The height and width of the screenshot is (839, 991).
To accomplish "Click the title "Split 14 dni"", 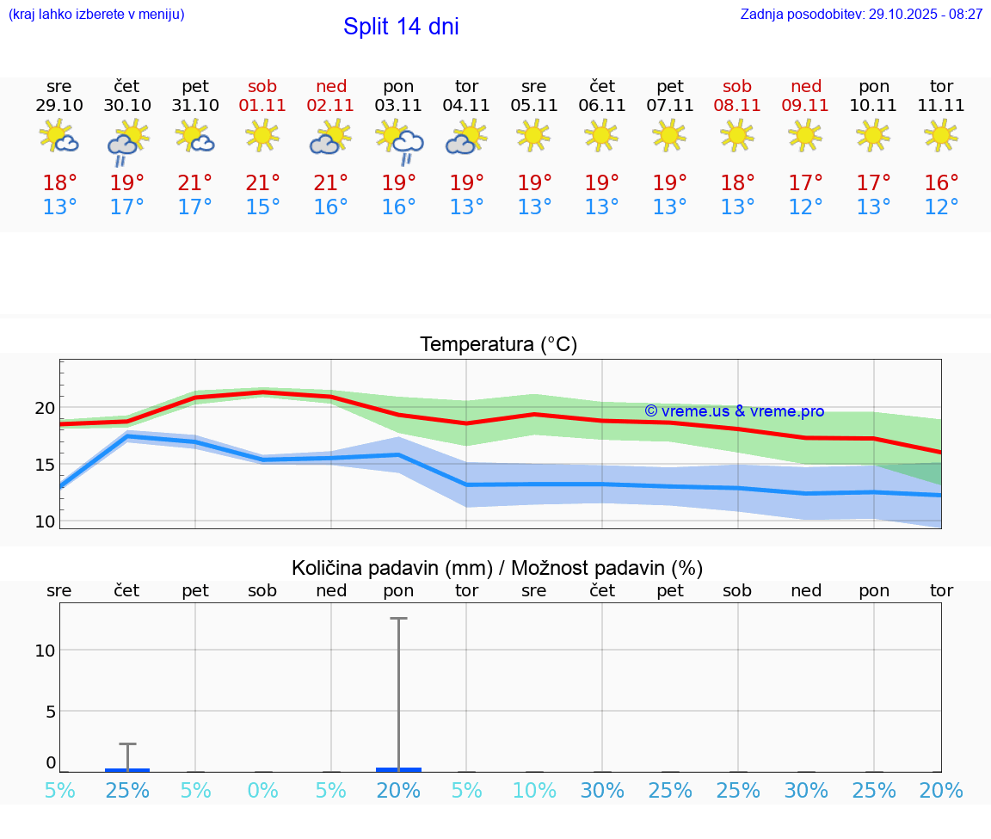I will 401,27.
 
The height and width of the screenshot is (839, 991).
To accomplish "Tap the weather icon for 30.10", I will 127,141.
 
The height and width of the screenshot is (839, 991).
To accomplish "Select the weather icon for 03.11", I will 399,141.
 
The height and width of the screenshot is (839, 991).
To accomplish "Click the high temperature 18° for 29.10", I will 59,183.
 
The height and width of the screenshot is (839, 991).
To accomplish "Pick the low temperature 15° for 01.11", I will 263,207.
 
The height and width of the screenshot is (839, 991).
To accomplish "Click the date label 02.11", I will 331,106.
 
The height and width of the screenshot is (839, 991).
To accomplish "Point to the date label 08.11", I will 737,106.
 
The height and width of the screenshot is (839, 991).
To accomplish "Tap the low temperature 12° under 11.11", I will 941,207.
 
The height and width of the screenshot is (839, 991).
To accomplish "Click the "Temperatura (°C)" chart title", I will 498,345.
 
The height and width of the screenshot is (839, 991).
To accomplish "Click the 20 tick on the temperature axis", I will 46,408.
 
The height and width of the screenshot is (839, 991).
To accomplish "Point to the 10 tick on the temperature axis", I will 46,521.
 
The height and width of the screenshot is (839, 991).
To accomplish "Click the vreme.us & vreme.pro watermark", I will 734,411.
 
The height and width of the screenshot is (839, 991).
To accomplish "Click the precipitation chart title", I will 497,568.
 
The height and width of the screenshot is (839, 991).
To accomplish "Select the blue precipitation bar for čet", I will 127,769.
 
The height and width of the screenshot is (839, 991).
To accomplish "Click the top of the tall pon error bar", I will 398,619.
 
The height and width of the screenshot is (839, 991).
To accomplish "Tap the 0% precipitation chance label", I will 263,791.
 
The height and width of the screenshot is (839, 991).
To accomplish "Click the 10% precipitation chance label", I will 534,791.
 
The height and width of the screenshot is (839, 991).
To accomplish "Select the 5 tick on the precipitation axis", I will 51,711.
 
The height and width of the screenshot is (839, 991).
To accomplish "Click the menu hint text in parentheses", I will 96,15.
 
